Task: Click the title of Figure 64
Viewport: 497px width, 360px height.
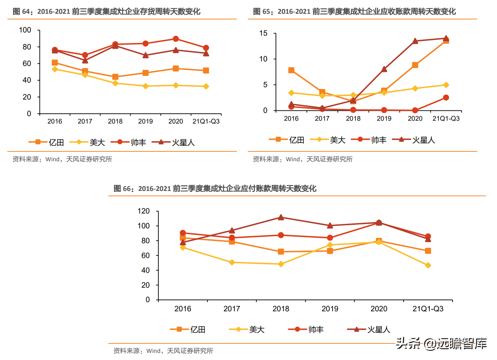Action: [x=107, y=12]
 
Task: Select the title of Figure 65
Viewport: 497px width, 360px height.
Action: [x=354, y=12]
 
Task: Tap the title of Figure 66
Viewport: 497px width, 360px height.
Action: [x=215, y=188]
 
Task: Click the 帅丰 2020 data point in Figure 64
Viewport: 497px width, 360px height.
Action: [x=176, y=39]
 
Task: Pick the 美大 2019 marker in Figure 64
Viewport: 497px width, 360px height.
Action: [x=145, y=86]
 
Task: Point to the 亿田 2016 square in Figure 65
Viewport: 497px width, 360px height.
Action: [x=291, y=70]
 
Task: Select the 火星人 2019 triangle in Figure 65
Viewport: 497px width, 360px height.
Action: [x=384, y=69]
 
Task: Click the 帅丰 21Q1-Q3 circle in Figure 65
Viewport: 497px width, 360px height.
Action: [x=446, y=97]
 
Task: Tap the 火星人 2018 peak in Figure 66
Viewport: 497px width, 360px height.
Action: [x=281, y=217]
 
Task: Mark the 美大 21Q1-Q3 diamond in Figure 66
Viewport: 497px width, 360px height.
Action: [x=428, y=265]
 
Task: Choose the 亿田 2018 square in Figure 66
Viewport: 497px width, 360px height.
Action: [x=281, y=252]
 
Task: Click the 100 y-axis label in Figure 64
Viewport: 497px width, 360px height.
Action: [x=25, y=30]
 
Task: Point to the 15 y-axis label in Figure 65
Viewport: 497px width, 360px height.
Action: [x=263, y=34]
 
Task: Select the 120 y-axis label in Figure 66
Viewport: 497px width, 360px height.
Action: [x=144, y=211]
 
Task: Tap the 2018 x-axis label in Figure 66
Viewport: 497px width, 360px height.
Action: [x=281, y=309]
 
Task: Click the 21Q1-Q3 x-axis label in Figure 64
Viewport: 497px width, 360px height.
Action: [x=206, y=121]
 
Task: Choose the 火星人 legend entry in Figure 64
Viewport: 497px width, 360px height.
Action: [x=174, y=142]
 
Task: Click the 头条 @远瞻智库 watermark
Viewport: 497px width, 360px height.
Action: [x=441, y=343]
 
